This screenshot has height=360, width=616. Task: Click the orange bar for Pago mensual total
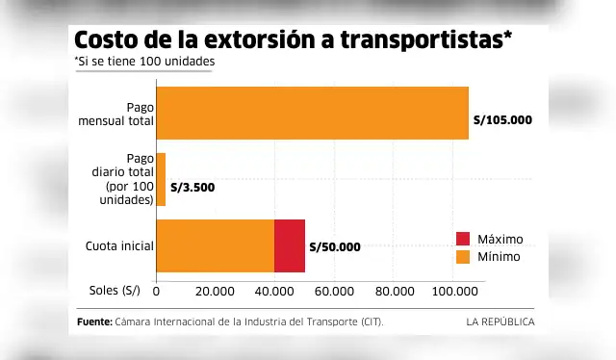(312, 114)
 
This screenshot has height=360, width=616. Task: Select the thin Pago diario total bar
(161, 179)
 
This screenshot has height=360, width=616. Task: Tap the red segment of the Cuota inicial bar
(290, 245)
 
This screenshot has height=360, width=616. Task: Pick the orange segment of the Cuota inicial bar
(215, 245)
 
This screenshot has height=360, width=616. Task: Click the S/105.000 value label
(503, 121)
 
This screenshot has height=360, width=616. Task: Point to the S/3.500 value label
(192, 187)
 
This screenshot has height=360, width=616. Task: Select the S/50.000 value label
(335, 247)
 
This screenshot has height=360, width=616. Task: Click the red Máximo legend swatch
(463, 239)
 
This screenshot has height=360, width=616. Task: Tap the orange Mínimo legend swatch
(463, 257)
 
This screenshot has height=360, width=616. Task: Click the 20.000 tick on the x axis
(215, 291)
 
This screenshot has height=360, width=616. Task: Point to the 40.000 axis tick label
(274, 291)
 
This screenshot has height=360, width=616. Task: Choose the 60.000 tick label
(334, 291)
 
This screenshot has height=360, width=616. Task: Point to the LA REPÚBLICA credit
(500, 321)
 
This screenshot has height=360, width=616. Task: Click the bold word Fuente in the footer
(93, 321)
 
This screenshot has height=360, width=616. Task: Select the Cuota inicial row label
(118, 246)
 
